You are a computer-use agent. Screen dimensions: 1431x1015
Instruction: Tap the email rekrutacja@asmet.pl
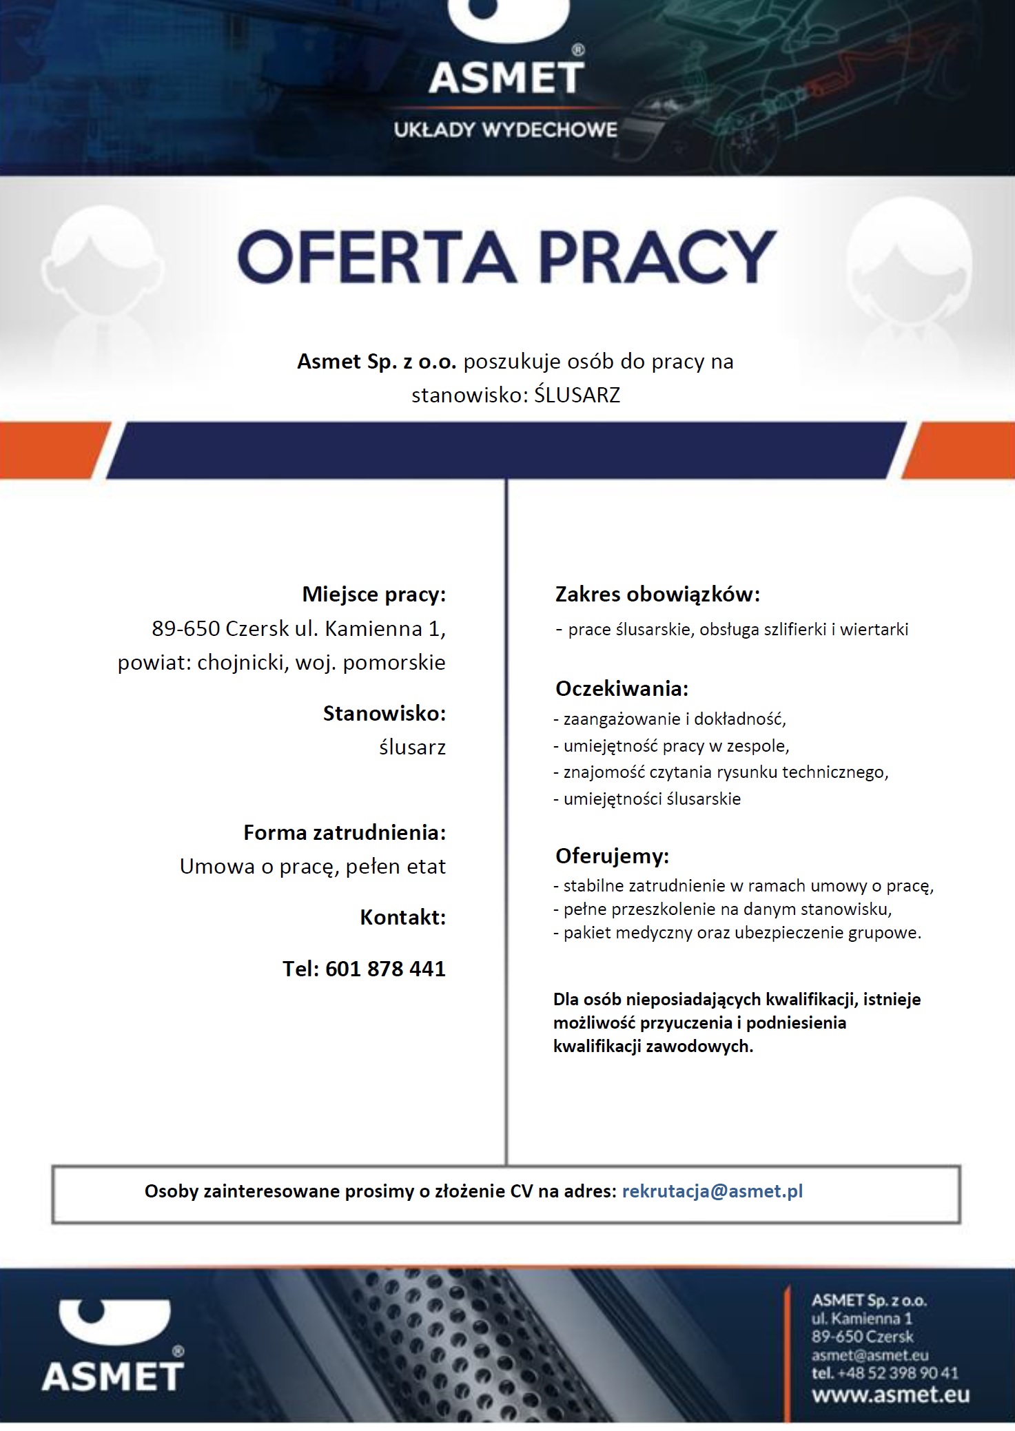pyautogui.click(x=712, y=1191)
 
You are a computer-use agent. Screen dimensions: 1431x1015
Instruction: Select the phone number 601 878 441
pyautogui.click(x=385, y=969)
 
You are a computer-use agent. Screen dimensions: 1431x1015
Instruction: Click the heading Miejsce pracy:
pyautogui.click(x=374, y=594)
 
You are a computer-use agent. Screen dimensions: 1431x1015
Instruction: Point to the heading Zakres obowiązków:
pyautogui.click(x=657, y=594)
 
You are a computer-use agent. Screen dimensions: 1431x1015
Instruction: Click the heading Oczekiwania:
pyautogui.click(x=622, y=688)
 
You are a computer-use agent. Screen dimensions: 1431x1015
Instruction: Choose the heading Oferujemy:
pyautogui.click(x=612, y=856)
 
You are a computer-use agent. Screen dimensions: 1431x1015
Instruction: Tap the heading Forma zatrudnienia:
pyautogui.click(x=345, y=832)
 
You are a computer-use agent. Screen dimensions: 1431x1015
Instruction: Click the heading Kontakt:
pyautogui.click(x=402, y=917)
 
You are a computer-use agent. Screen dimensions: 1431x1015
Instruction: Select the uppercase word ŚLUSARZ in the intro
pyautogui.click(x=577, y=395)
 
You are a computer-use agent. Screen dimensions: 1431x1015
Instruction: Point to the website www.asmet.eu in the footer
pyautogui.click(x=890, y=1395)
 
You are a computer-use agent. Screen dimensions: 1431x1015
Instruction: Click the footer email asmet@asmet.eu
pyautogui.click(x=870, y=1355)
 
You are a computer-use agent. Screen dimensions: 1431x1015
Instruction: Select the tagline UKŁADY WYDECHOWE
pyautogui.click(x=506, y=130)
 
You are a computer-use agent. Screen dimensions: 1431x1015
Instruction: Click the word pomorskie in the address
pyautogui.click(x=394, y=663)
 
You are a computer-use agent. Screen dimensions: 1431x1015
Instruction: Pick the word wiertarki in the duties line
pyautogui.click(x=874, y=629)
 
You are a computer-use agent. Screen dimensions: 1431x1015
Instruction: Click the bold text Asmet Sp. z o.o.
pyautogui.click(x=377, y=361)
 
